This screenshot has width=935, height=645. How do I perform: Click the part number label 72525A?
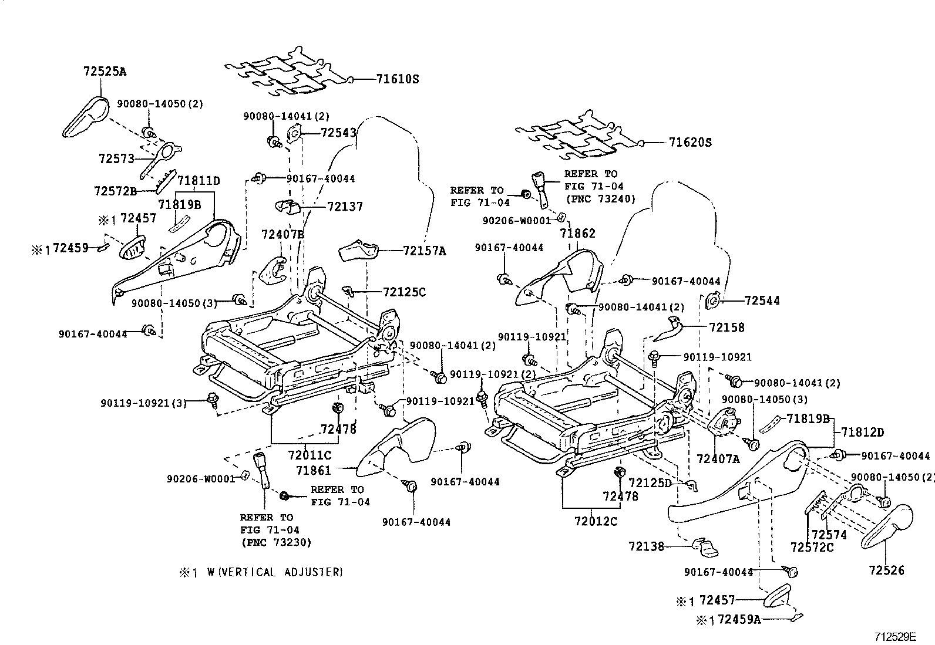pyautogui.click(x=105, y=72)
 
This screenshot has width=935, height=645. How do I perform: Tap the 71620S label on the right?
pyautogui.click(x=690, y=142)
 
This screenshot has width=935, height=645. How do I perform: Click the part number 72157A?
pyautogui.click(x=424, y=251)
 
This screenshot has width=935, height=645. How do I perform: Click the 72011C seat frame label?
pyautogui.click(x=310, y=455)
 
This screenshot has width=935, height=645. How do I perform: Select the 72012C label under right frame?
pyautogui.click(x=596, y=521)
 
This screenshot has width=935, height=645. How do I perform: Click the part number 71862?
pyautogui.click(x=577, y=233)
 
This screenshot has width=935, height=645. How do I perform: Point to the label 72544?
pyautogui.click(x=762, y=300)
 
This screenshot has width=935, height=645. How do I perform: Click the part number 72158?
pyautogui.click(x=726, y=327)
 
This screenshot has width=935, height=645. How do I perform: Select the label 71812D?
pyautogui.click(x=862, y=432)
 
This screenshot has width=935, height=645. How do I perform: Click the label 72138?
pyautogui.click(x=646, y=546)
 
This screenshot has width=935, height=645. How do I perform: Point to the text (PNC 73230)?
pyautogui.click(x=275, y=542)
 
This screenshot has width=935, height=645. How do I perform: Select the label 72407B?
pyautogui.click(x=282, y=234)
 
